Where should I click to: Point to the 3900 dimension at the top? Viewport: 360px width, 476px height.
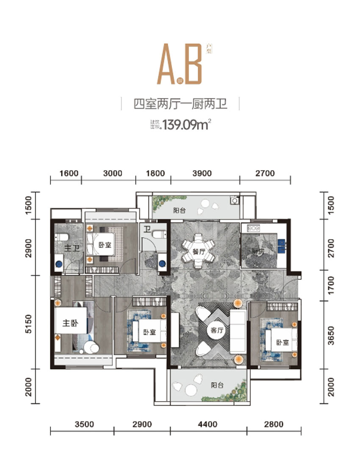pyautogui.click(x=205, y=173)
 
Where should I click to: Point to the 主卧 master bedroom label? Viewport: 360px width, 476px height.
pyautogui.click(x=70, y=324)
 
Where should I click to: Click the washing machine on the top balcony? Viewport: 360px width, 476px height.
pyautogui.click(x=234, y=200)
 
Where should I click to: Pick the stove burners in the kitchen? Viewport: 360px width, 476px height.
pyautogui.click(x=254, y=228)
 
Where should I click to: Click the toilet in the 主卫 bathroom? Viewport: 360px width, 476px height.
pyautogui.click(x=61, y=238)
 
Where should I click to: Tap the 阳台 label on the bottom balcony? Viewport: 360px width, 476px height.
pyautogui.click(x=217, y=385)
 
